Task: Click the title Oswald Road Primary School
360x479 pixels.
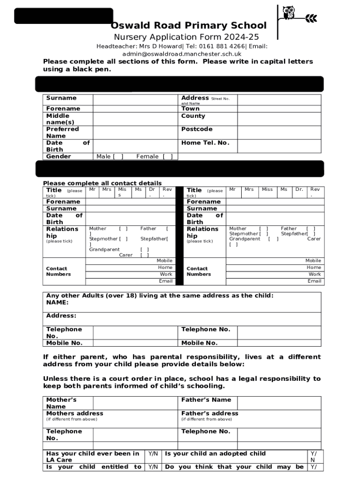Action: [188, 26]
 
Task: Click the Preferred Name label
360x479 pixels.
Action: [63, 132]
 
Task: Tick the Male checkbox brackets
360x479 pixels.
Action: [109, 157]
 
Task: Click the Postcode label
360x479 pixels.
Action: [197, 129]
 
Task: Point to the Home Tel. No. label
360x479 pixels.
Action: [205, 143]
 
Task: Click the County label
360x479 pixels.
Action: [193, 116]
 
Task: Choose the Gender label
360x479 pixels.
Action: [58, 156]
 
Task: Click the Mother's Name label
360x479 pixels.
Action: [61, 403]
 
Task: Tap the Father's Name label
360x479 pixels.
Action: [206, 400]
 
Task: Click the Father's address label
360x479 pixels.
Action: [209, 414]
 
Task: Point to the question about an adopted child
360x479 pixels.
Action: [215, 453]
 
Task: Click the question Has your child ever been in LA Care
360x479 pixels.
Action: [93, 457]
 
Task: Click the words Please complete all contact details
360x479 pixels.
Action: [102, 183]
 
